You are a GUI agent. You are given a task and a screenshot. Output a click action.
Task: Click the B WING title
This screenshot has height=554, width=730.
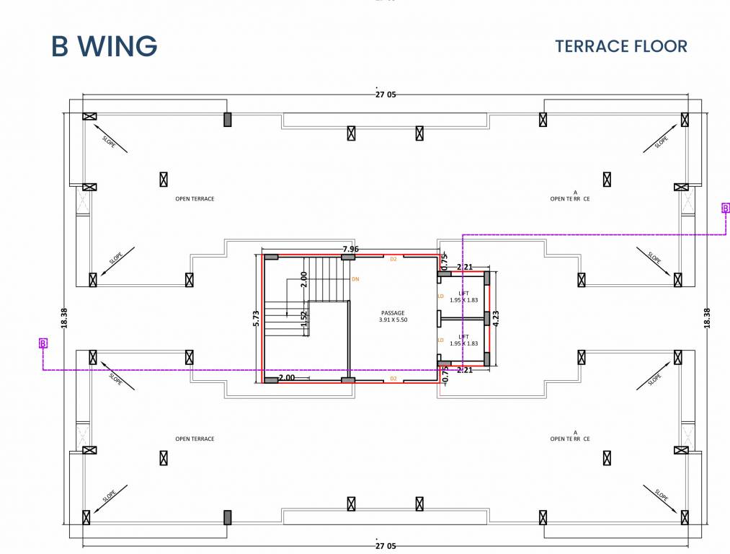click(104, 46)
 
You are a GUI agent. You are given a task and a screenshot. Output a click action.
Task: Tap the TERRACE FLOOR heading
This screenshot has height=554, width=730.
click(620, 46)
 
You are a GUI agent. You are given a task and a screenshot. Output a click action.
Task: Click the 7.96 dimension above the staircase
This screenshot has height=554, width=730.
click(351, 250)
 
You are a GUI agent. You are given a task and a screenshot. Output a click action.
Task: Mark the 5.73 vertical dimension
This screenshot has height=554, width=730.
click(255, 319)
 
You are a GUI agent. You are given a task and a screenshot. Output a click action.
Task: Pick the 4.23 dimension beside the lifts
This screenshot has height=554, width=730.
click(496, 319)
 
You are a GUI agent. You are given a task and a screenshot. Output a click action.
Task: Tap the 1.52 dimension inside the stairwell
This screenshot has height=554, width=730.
click(305, 319)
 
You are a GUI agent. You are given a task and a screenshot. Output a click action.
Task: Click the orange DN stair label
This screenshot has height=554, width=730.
click(355, 278)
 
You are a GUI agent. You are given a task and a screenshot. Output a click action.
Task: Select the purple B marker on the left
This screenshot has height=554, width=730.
click(43, 343)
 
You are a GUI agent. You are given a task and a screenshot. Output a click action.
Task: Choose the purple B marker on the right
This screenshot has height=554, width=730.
click(726, 208)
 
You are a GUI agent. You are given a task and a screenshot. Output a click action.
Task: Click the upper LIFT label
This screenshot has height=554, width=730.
click(463, 292)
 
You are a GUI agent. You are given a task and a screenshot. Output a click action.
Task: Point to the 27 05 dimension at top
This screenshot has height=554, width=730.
click(386, 94)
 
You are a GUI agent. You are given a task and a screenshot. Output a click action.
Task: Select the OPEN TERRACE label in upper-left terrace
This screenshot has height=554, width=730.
click(195, 198)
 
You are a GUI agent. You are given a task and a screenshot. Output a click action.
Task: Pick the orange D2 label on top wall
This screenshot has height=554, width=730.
click(393, 258)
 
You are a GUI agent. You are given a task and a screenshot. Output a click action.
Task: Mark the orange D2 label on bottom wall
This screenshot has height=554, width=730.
click(393, 378)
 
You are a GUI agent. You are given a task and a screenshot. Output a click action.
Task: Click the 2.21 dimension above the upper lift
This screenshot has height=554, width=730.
click(465, 267)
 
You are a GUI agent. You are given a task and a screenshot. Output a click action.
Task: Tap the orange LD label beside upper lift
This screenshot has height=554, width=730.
click(440, 296)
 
